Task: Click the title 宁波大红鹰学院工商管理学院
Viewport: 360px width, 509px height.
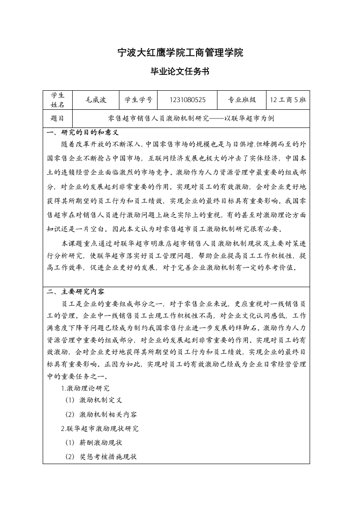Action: [180, 53]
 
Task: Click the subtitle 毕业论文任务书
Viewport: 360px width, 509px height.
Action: [180, 72]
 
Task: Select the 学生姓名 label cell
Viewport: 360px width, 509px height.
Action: [58, 100]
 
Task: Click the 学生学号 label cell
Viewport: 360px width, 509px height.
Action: [138, 100]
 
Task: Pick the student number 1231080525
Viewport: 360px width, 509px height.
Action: [187, 100]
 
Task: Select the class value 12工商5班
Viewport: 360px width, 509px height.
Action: [288, 100]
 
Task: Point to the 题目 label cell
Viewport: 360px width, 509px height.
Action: [58, 119]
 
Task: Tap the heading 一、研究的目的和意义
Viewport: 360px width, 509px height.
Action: [83, 133]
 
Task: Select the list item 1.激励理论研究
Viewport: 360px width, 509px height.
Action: [85, 388]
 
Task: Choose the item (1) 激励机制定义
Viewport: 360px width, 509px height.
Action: [94, 401]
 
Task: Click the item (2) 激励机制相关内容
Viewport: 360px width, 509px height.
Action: [101, 415]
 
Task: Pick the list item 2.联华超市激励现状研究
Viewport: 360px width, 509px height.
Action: [100, 428]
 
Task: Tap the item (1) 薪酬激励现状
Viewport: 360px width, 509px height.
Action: [94, 442]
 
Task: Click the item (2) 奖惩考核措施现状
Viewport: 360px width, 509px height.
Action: [101, 456]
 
